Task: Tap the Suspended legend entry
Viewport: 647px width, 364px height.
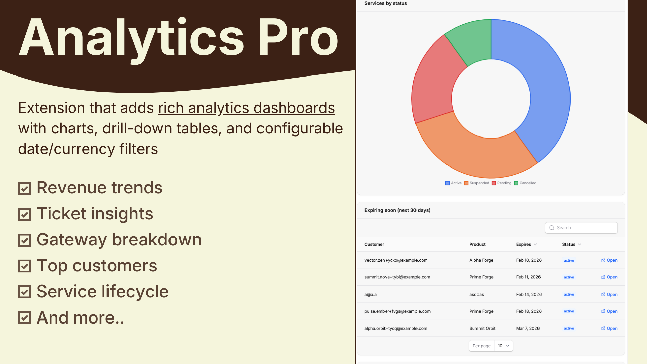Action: (x=477, y=183)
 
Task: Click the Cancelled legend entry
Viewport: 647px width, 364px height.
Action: (x=525, y=183)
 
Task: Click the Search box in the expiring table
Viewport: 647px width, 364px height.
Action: (x=581, y=228)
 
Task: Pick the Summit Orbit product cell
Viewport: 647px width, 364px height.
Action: (x=482, y=328)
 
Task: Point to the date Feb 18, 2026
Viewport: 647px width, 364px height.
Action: (x=529, y=311)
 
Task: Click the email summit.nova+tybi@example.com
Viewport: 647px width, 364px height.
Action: (x=397, y=277)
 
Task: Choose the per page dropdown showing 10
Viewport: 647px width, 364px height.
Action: (x=503, y=346)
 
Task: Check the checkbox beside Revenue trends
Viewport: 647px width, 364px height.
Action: (x=24, y=189)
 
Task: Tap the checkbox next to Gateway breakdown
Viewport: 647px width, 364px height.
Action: (x=24, y=240)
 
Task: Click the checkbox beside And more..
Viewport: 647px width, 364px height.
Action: (x=24, y=317)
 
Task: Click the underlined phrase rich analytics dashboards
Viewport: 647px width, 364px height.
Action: (x=246, y=108)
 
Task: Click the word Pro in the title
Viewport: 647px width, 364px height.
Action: (x=298, y=37)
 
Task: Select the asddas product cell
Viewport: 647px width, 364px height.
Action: (x=476, y=294)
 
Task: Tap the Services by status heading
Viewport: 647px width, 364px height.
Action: (x=386, y=3)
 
